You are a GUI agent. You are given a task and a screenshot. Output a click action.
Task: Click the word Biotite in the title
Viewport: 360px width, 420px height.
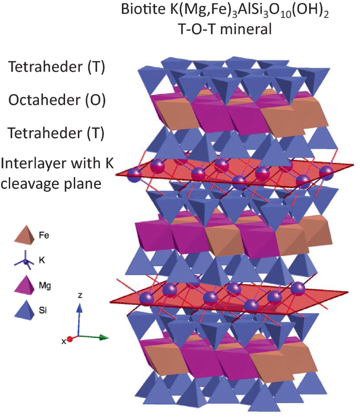tap(139, 11)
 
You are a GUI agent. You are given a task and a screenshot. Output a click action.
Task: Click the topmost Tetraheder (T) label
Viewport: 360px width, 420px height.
tap(61, 67)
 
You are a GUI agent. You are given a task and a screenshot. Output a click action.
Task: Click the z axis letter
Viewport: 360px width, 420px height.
tap(79, 295)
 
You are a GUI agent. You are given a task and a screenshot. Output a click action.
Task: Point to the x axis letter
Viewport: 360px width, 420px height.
tap(64, 341)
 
